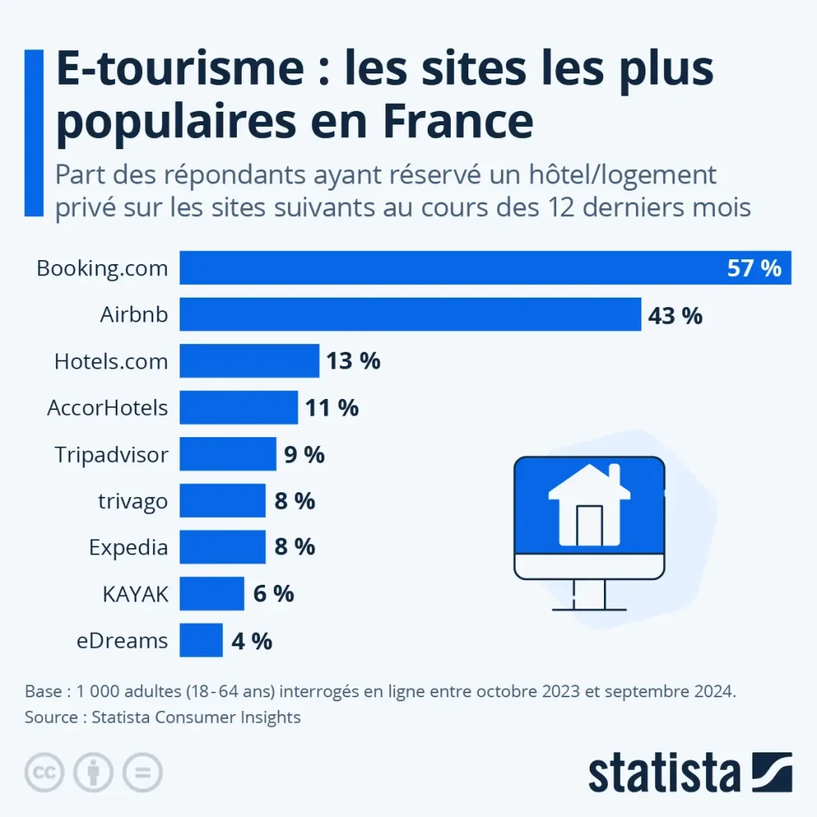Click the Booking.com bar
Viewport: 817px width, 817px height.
tap(447, 268)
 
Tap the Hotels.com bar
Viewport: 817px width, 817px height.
tap(249, 361)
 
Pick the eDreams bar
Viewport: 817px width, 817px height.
tap(201, 640)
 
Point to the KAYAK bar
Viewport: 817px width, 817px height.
tap(211, 594)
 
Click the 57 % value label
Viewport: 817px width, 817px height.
tap(754, 268)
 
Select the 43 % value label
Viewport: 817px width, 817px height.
tap(675, 315)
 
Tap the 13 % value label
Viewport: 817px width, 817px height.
tap(353, 361)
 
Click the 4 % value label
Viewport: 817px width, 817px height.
tap(251, 641)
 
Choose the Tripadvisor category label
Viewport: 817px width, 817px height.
tap(112, 455)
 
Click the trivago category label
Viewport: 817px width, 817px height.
tap(132, 501)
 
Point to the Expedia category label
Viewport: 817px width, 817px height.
tap(128, 547)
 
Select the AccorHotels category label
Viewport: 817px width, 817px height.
tap(108, 408)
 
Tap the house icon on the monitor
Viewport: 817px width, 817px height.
tap(589, 503)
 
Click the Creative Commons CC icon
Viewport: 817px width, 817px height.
tap(45, 772)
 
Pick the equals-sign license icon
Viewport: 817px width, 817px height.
tap(142, 772)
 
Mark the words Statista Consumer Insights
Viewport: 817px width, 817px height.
tap(196, 717)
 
